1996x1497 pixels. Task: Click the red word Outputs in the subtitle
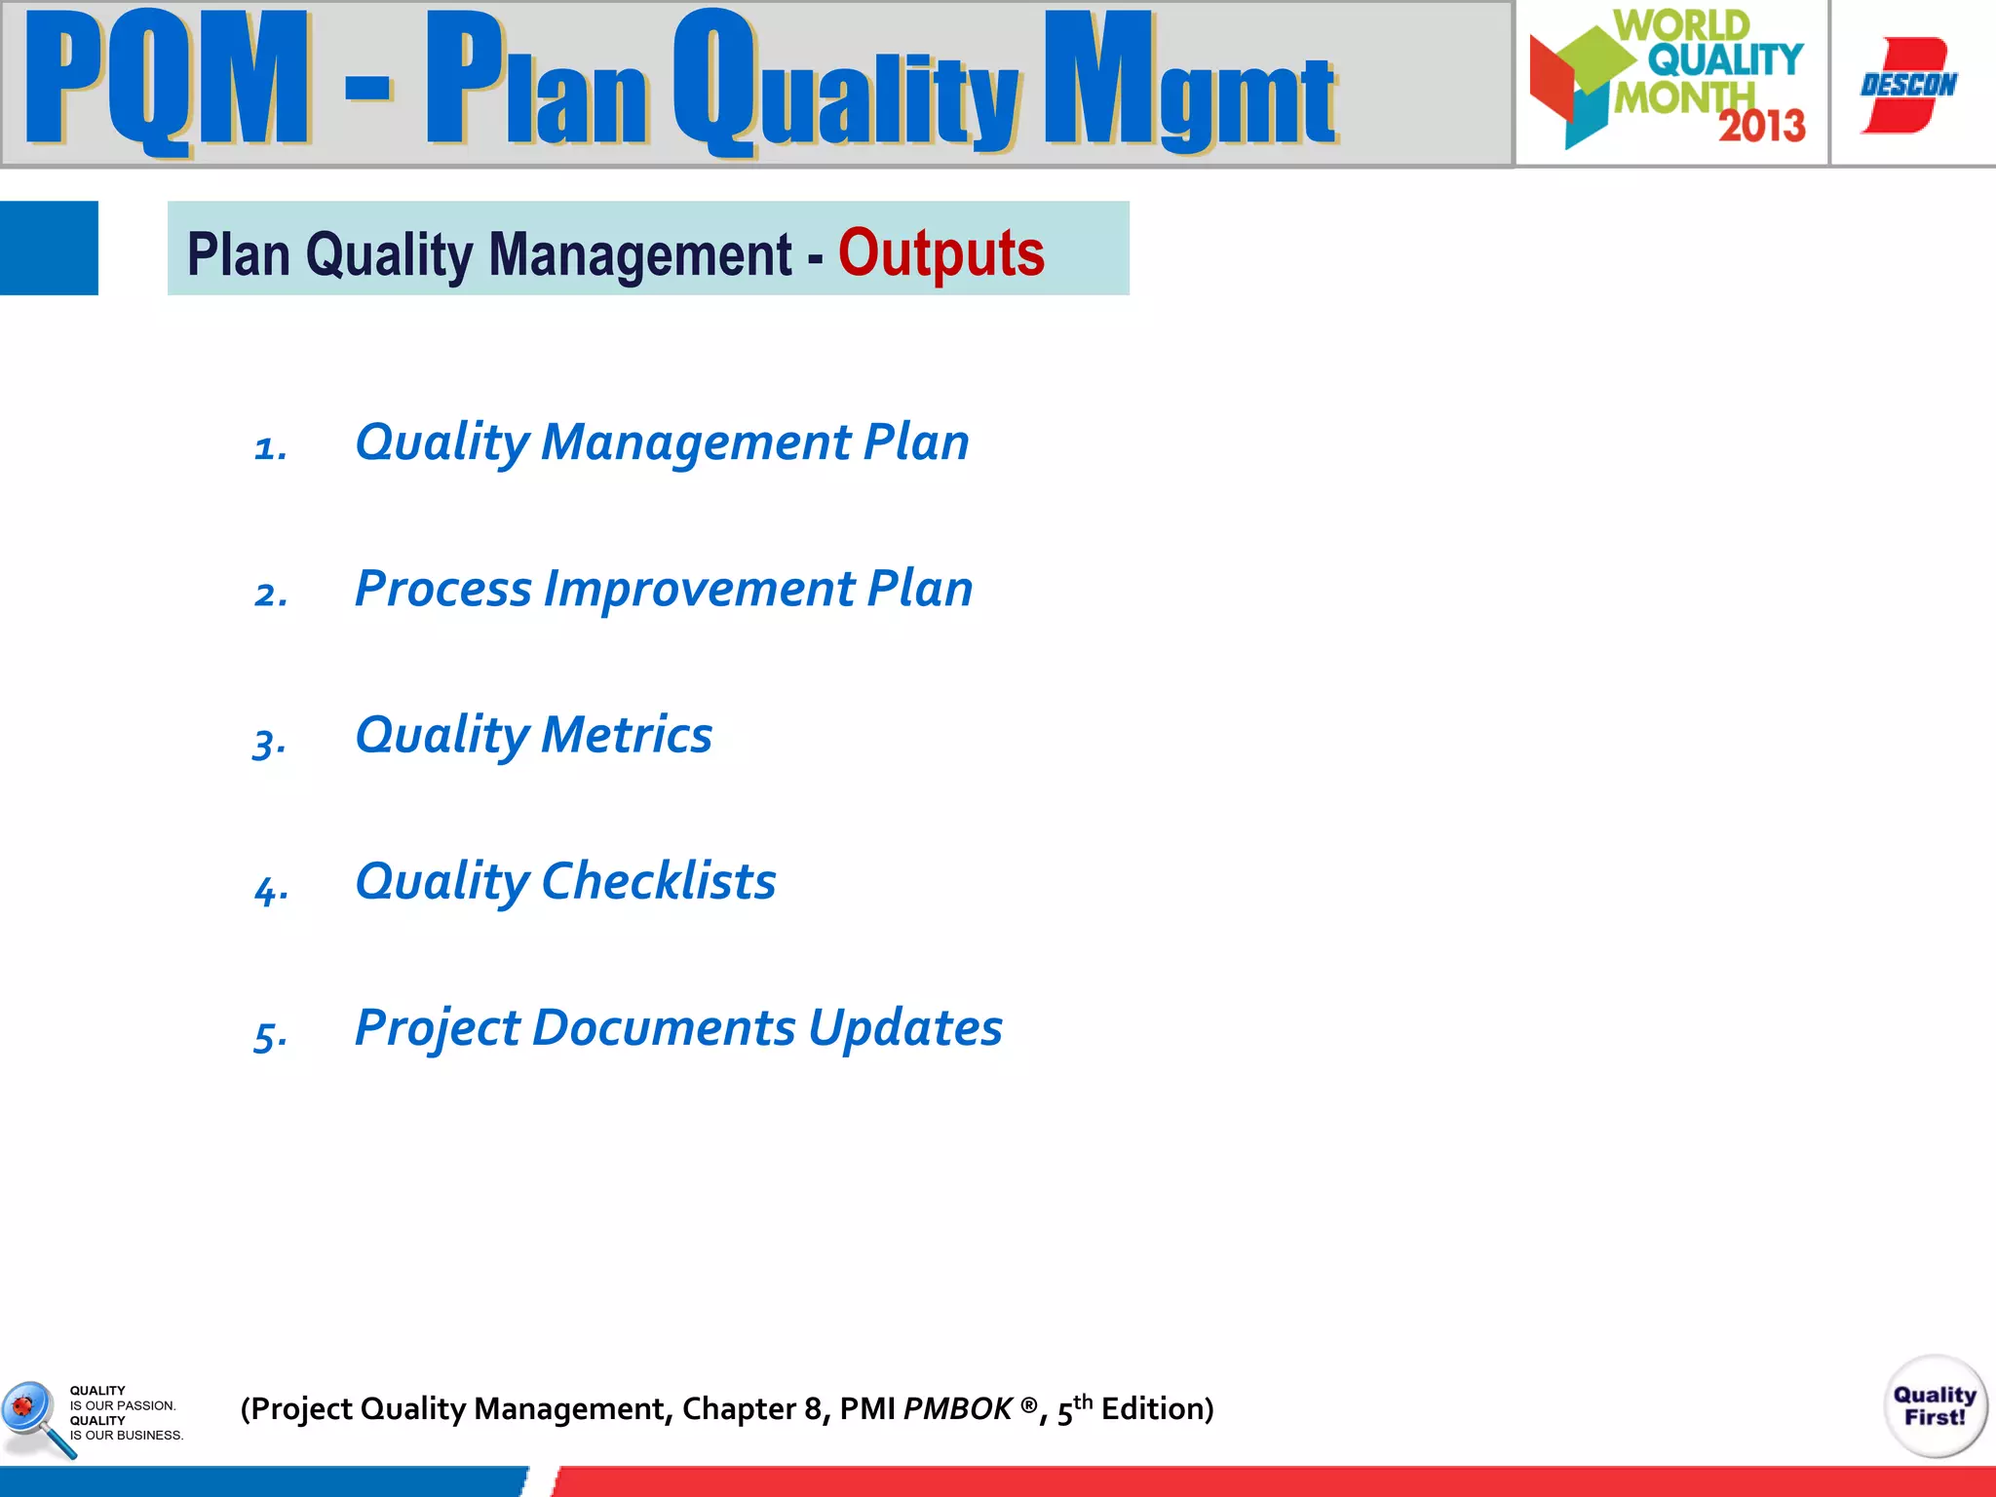[940, 253]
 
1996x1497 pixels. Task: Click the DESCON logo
[1908, 85]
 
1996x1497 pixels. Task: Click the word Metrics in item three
[627, 735]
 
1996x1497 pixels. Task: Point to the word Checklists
[658, 881]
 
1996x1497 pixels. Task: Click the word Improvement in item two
[699, 589]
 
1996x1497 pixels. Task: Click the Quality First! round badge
[1935, 1405]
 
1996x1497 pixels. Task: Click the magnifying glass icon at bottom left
[34, 1416]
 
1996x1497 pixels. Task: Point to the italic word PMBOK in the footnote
[957, 1409]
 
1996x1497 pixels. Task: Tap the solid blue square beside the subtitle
[49, 248]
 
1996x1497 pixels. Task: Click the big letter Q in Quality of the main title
[714, 83]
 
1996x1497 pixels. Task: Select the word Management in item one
[696, 442]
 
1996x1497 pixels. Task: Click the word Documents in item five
[664, 1028]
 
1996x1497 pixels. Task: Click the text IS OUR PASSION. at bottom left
[123, 1405]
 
